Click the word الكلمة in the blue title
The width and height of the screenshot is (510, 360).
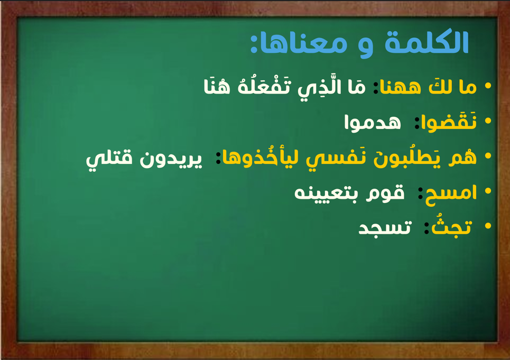click(426, 42)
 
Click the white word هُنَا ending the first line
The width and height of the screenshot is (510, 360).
click(217, 86)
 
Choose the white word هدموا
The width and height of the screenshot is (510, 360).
click(373, 123)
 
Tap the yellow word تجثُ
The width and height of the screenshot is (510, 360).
click(451, 227)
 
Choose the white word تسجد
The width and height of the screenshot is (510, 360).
click(385, 228)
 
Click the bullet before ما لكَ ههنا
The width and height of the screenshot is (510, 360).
click(488, 86)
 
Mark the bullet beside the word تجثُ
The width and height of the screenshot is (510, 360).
click(488, 226)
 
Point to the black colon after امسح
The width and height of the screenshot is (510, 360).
click(420, 193)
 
